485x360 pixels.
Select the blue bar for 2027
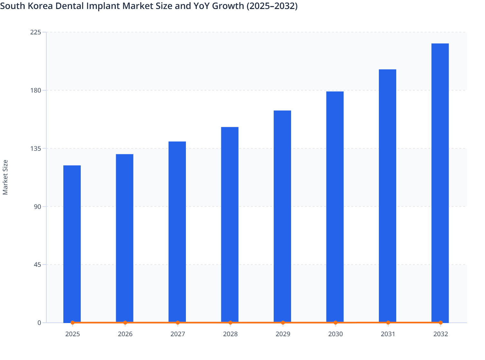[177, 232]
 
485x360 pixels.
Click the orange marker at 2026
[125, 322]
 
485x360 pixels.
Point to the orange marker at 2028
[230, 322]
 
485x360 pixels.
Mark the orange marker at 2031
[388, 322]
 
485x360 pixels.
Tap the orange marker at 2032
[441, 322]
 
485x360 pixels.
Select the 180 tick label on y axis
[36, 90]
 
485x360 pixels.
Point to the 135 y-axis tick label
[36, 148]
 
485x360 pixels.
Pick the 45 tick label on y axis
[38, 265]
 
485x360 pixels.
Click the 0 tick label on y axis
[39, 323]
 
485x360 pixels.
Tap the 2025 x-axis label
[73, 334]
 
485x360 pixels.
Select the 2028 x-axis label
[230, 334]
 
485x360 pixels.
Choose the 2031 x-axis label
[388, 334]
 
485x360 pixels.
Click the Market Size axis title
[5, 177]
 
